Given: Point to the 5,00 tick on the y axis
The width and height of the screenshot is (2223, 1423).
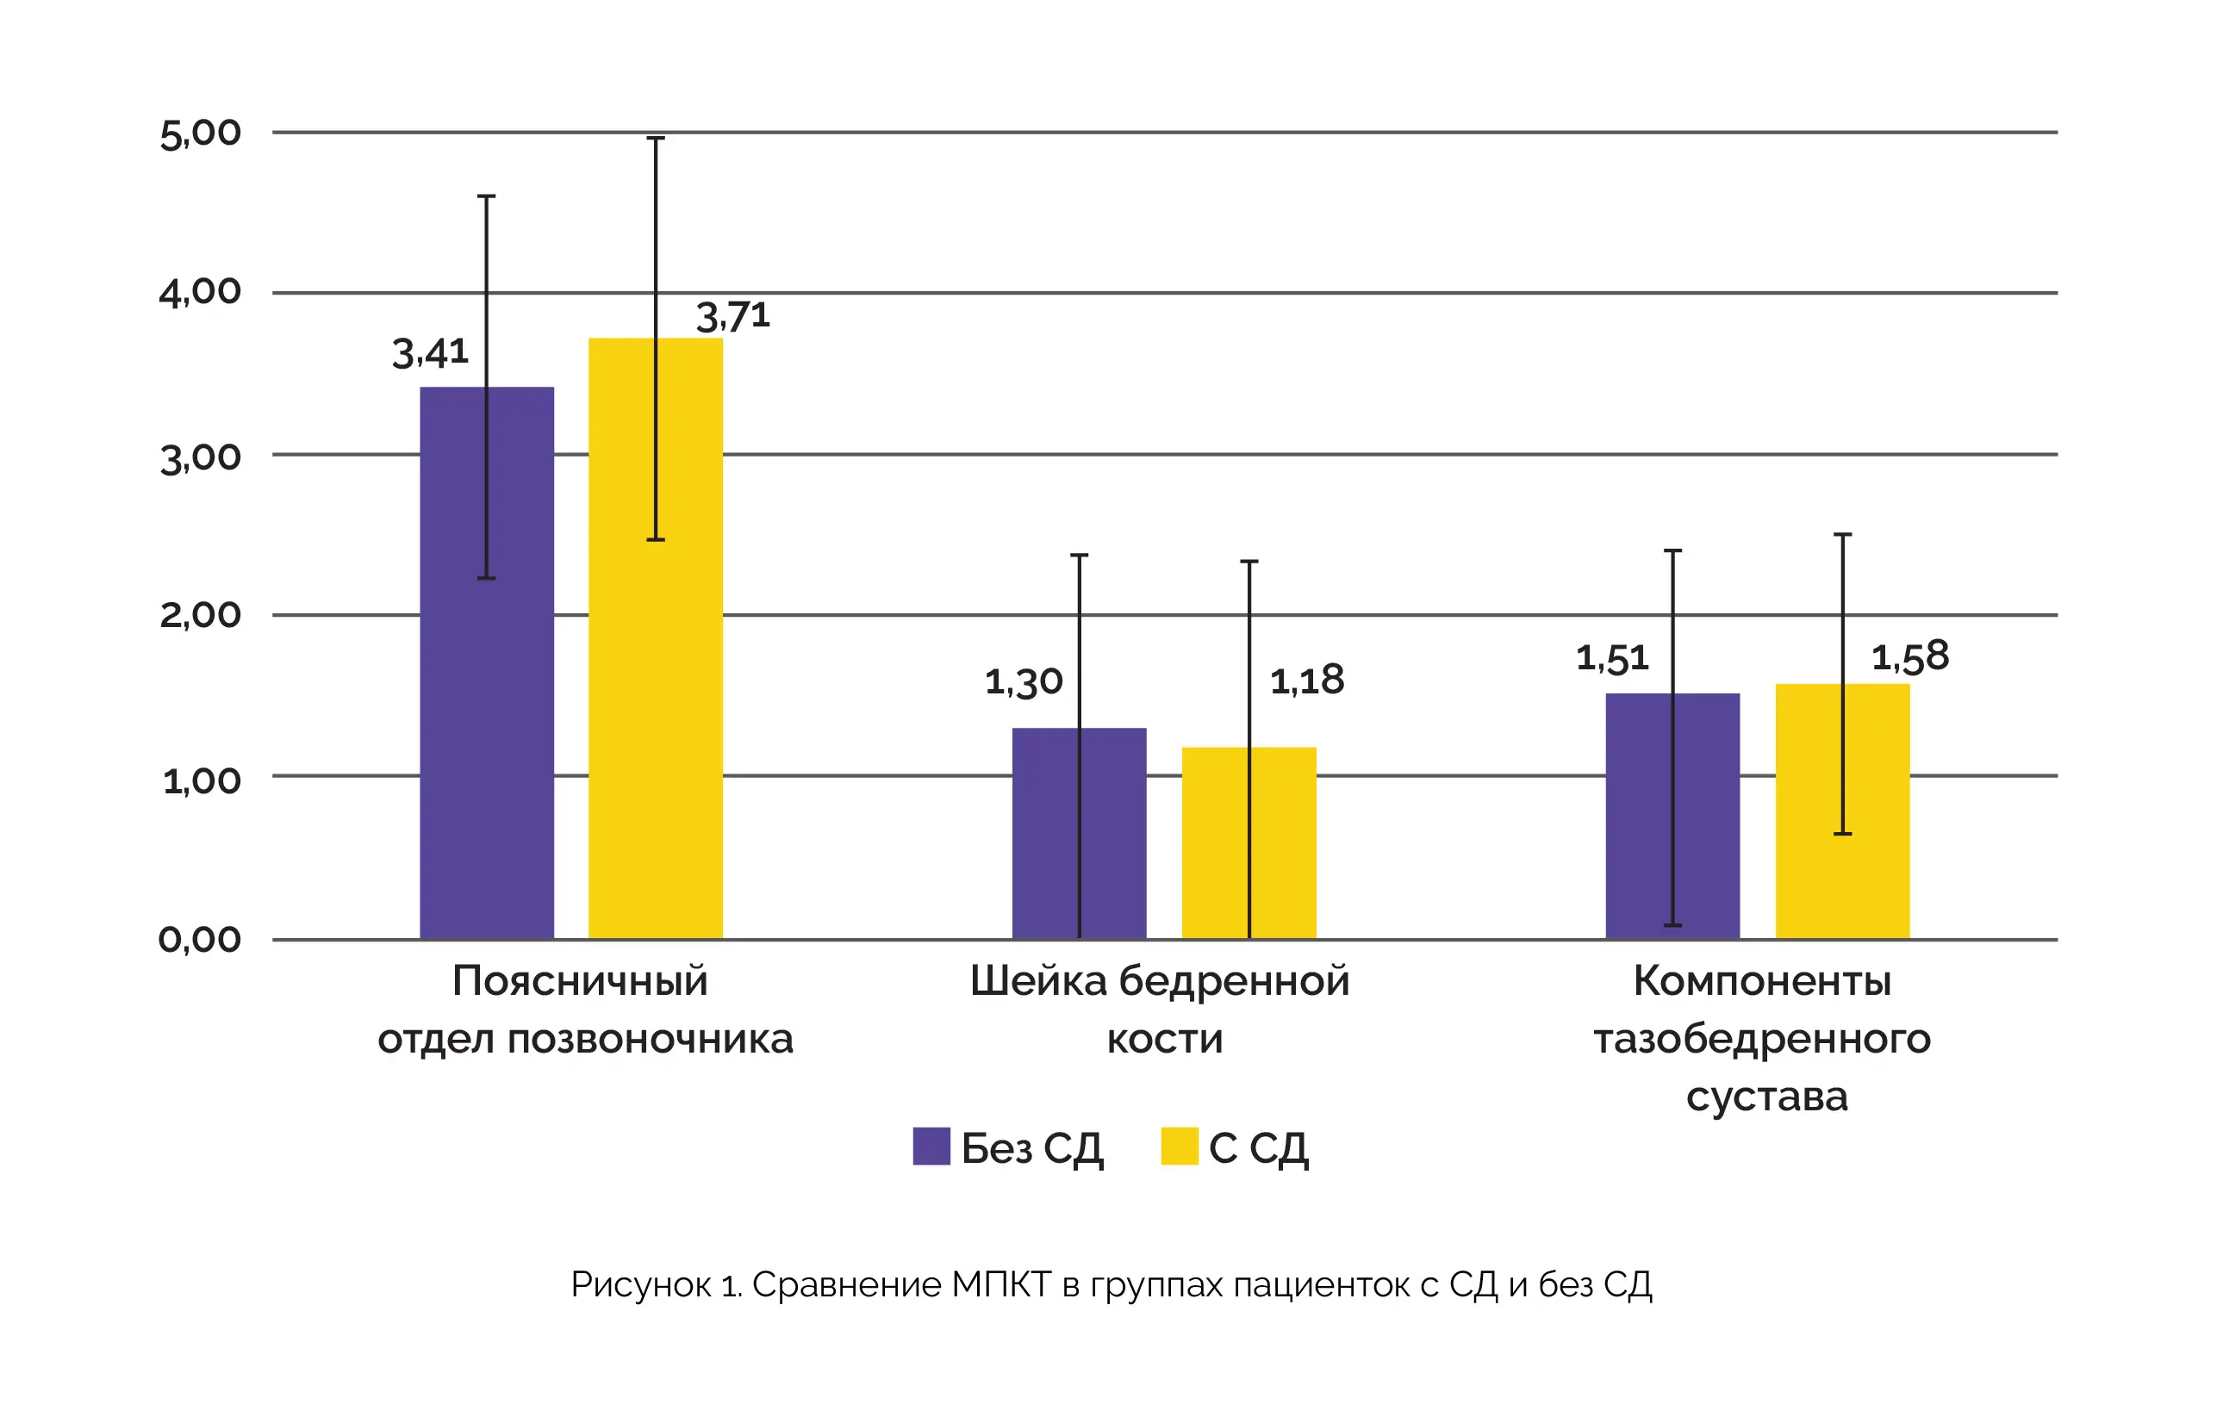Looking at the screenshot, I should pyautogui.click(x=200, y=134).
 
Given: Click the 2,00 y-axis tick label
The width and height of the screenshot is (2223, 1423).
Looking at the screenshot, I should pyautogui.click(x=200, y=615).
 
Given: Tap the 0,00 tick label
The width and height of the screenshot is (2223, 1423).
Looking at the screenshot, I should pyautogui.click(x=200, y=940).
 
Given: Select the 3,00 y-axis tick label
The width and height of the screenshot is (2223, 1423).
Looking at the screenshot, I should pyautogui.click(x=200, y=457).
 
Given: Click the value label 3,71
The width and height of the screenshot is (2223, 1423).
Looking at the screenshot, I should pyautogui.click(x=732, y=317).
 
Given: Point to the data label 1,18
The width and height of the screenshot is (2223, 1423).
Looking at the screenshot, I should pyautogui.click(x=1306, y=681).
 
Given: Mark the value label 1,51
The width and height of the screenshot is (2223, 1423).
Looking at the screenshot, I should pyautogui.click(x=1612, y=659).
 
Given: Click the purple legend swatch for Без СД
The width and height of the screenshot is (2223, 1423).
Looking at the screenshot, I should pyautogui.click(x=931, y=1146).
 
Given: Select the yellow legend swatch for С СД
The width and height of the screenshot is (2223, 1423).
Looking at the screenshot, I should pyautogui.click(x=1179, y=1146).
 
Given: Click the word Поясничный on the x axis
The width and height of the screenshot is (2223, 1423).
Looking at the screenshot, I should pyautogui.click(x=580, y=981).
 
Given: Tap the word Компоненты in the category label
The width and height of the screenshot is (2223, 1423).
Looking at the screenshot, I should pyautogui.click(x=1762, y=981).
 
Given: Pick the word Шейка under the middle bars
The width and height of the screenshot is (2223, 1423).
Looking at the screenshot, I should pyautogui.click(x=1037, y=981).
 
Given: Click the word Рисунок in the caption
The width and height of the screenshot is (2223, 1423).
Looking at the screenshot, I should pyautogui.click(x=640, y=1284).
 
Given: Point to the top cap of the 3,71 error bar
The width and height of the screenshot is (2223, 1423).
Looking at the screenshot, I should pyautogui.click(x=656, y=139).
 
